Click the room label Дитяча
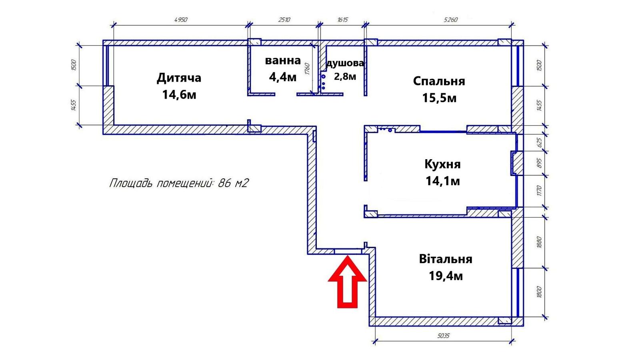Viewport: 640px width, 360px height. tap(179, 78)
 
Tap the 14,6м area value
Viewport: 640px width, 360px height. tap(179, 95)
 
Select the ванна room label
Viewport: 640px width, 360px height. tap(283, 60)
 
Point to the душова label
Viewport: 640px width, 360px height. tap(345, 63)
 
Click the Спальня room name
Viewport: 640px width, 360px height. tap(439, 81)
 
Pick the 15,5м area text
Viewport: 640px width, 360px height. tap(439, 98)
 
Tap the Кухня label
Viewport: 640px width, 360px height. tap(442, 164)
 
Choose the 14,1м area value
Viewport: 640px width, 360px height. tap(442, 181)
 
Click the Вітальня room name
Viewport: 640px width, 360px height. tap(446, 259)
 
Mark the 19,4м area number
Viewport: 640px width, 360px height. tap(446, 276)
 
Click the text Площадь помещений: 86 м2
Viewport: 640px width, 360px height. tap(179, 183)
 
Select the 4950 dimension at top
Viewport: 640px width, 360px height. tap(181, 20)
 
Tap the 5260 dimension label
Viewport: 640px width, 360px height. tap(450, 20)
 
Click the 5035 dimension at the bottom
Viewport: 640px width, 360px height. tap(443, 336)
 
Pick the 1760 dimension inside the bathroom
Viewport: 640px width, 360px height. tap(307, 69)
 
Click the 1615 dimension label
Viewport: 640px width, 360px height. tap(342, 20)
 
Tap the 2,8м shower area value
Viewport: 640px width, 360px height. tap(345, 76)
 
